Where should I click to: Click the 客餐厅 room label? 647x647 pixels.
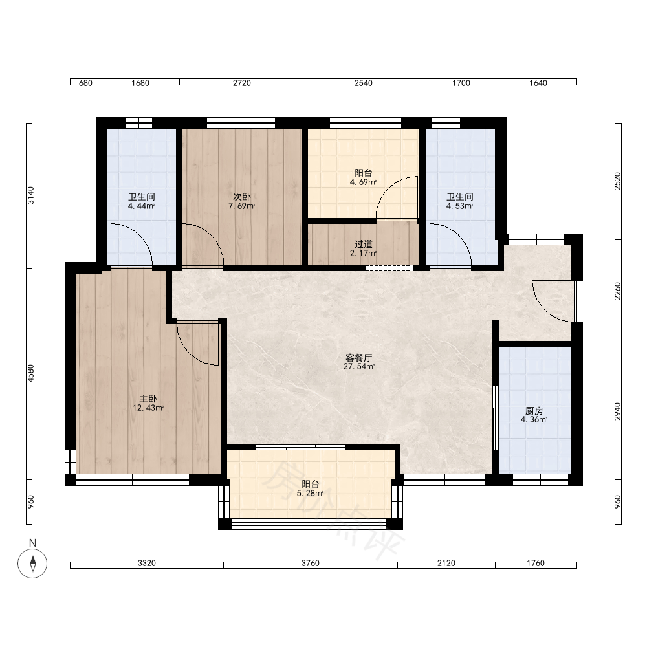tap(359, 357)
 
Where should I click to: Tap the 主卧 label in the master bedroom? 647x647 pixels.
tap(148, 399)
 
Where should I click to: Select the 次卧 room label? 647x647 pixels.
tap(242, 197)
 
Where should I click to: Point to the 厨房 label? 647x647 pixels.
tap(534, 411)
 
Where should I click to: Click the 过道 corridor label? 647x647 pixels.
tap(364, 245)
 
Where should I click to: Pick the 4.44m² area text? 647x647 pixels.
tap(141, 206)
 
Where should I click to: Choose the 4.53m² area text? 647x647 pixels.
tap(459, 206)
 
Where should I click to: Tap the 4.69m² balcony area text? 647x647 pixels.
tap(363, 182)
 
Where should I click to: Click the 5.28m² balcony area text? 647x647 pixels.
tap(310, 493)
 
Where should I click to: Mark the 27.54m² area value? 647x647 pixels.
tap(359, 366)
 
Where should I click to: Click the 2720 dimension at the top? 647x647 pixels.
tap(242, 83)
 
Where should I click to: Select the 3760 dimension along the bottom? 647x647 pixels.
tap(311, 564)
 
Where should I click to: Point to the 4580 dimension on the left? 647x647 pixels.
tap(31, 373)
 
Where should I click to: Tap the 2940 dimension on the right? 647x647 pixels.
tap(617, 411)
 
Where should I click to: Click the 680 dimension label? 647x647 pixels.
tap(85, 83)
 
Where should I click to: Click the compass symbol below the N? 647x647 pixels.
tap(32, 564)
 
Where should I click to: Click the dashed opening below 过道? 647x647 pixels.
tap(389, 269)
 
